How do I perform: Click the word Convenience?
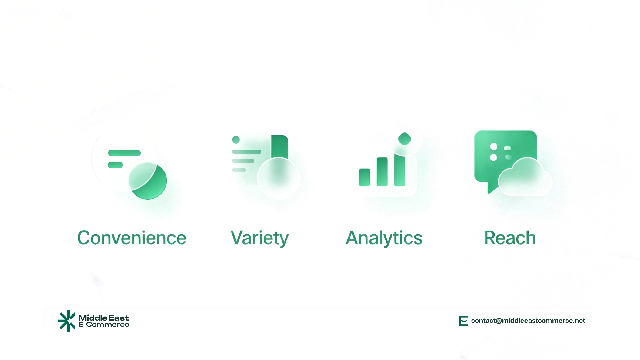click(x=132, y=238)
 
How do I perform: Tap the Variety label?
click(x=259, y=238)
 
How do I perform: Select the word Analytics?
click(x=384, y=238)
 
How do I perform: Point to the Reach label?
click(x=510, y=238)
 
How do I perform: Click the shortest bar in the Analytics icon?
click(x=364, y=177)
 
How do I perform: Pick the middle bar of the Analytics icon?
click(x=382, y=172)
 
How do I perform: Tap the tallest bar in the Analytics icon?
click(x=400, y=170)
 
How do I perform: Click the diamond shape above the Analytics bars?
click(x=405, y=139)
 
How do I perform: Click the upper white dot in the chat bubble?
click(x=494, y=147)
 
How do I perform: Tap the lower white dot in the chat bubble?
click(x=494, y=157)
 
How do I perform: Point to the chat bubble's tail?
click(x=491, y=189)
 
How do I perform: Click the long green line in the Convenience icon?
click(x=124, y=153)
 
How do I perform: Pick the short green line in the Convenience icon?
click(x=115, y=165)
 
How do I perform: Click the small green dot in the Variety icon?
click(x=236, y=140)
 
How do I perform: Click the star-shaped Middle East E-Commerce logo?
click(x=67, y=321)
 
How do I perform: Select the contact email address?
click(x=528, y=321)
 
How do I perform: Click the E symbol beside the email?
click(x=463, y=321)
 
